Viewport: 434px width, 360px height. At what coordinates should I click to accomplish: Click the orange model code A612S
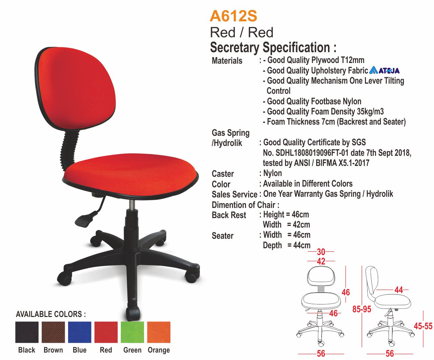[x=233, y=16]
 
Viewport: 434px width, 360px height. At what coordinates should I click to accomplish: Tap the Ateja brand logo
[x=384, y=70]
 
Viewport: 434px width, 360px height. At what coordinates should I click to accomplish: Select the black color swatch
[x=27, y=332]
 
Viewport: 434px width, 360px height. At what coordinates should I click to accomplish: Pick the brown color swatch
[x=53, y=332]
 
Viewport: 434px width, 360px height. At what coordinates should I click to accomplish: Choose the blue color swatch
[x=80, y=332]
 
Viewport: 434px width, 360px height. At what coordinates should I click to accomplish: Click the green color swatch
[x=132, y=332]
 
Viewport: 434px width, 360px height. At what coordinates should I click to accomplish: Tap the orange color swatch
[x=159, y=332]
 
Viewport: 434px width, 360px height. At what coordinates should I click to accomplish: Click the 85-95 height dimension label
[x=362, y=309]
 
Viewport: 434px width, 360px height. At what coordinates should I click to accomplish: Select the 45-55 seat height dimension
[x=423, y=326]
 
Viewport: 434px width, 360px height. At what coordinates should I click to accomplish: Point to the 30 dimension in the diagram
[x=321, y=252]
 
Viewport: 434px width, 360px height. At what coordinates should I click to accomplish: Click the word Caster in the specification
[x=223, y=174]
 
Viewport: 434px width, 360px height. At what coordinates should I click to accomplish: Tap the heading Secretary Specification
[x=273, y=47]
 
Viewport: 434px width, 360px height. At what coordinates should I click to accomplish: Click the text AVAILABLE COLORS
[x=51, y=314]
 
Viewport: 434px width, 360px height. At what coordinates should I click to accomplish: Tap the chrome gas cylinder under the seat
[x=131, y=205]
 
